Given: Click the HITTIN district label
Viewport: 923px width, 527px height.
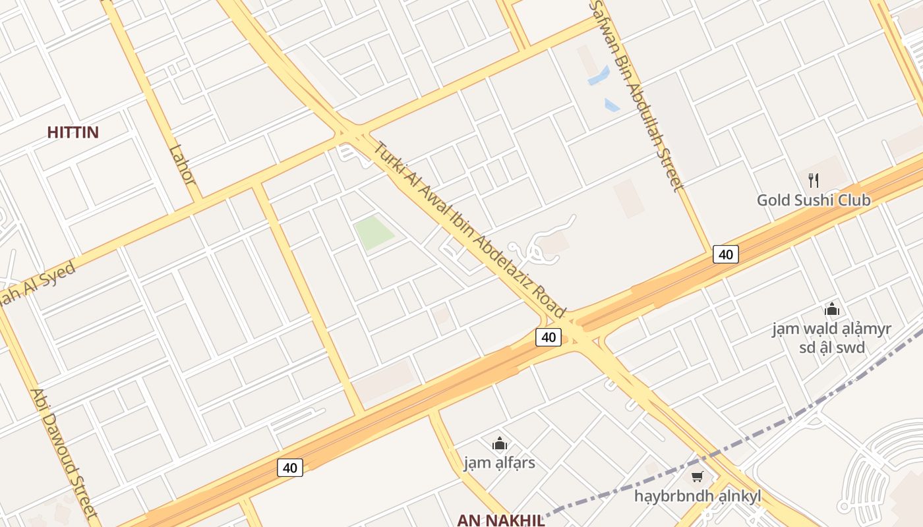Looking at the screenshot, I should pyautogui.click(x=73, y=132).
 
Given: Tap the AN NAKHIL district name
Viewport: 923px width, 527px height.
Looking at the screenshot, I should pyautogui.click(x=501, y=520).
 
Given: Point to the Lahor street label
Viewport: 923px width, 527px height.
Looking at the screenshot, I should pyautogui.click(x=182, y=165).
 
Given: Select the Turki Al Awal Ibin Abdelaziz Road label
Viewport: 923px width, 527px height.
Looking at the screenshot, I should pyautogui.click(x=469, y=229).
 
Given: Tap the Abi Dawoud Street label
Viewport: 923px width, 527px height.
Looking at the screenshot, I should pyautogui.click(x=63, y=454).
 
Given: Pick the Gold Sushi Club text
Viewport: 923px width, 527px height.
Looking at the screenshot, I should pyautogui.click(x=814, y=200).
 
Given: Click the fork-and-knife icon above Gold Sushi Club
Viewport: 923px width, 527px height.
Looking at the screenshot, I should pyautogui.click(x=814, y=180).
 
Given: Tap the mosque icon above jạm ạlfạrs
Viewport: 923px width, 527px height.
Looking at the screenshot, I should pyautogui.click(x=500, y=443).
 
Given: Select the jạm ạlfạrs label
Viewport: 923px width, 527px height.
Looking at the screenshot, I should pyautogui.click(x=500, y=462).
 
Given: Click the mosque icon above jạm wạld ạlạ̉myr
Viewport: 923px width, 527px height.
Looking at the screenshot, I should pyautogui.click(x=832, y=309).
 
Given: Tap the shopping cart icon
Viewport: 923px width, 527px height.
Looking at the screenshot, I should pyautogui.click(x=697, y=476).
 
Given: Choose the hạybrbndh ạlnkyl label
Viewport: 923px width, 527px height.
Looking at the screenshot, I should pyautogui.click(x=697, y=495).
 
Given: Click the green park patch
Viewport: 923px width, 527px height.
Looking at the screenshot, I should pyautogui.click(x=374, y=233).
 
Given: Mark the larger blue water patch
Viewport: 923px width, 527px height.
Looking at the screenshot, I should pyautogui.click(x=599, y=75).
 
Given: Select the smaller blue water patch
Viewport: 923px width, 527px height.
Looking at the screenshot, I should pyautogui.click(x=612, y=105).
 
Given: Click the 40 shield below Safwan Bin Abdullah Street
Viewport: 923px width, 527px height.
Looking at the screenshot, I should pyautogui.click(x=725, y=254).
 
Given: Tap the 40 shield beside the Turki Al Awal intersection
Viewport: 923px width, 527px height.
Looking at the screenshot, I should pyautogui.click(x=548, y=337).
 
